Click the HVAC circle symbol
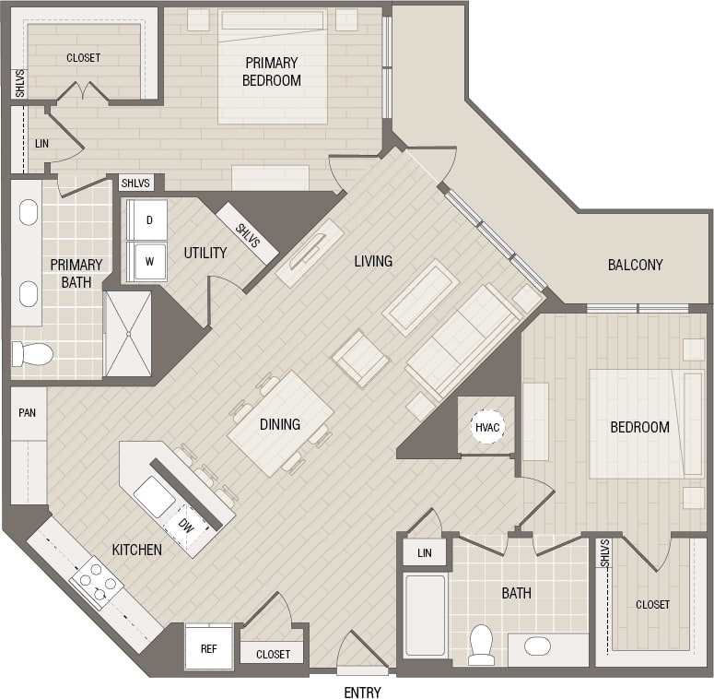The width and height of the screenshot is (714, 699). pyautogui.click(x=486, y=426)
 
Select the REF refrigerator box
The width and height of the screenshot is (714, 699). pyautogui.click(x=209, y=649)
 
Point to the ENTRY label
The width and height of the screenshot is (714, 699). pyautogui.click(x=362, y=693)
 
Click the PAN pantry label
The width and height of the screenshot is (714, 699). pyautogui.click(x=28, y=412)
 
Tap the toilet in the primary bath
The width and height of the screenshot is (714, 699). pyautogui.click(x=30, y=353)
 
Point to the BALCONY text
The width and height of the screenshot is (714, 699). pyautogui.click(x=635, y=265)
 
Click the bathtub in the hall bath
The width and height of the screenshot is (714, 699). pyautogui.click(x=425, y=615)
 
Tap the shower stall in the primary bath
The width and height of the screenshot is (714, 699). pyautogui.click(x=127, y=333)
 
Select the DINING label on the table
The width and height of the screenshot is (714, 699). pyautogui.click(x=279, y=424)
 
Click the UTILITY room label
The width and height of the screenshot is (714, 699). pyautogui.click(x=205, y=253)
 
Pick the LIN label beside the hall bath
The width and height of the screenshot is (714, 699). pyautogui.click(x=424, y=552)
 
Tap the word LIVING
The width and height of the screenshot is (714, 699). pyautogui.click(x=373, y=261)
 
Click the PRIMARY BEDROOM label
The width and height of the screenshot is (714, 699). pyautogui.click(x=271, y=71)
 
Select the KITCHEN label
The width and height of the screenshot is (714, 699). pyautogui.click(x=137, y=550)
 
